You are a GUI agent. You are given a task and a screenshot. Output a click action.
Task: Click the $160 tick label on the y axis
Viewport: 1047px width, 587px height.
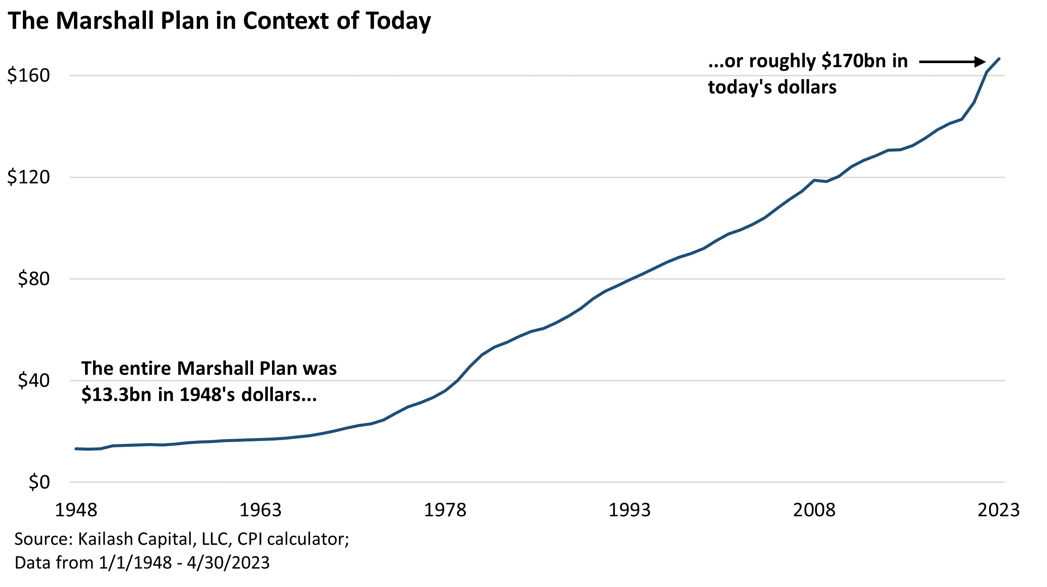28,75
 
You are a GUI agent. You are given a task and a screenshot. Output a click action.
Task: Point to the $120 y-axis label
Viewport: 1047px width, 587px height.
28,177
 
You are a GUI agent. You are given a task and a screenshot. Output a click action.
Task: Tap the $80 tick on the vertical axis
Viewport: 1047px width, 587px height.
33,279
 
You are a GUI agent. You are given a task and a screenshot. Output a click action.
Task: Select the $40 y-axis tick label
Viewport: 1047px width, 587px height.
33,380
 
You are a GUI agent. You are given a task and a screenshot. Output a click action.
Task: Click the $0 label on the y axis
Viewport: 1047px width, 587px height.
39,482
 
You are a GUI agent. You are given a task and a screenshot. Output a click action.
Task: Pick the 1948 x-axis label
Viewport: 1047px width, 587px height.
76,510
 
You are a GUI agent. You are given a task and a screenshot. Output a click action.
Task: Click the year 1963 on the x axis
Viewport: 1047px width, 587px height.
261,510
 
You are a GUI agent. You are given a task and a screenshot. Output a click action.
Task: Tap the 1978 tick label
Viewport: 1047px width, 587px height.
445,510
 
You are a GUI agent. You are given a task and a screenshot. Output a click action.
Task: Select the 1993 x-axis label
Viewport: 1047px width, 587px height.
629,510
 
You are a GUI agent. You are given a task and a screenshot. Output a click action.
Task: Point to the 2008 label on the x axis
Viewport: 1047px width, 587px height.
814,510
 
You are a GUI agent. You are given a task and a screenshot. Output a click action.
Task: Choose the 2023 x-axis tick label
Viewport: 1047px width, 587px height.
998,510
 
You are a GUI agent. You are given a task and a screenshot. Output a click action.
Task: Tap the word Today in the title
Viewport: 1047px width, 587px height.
398,21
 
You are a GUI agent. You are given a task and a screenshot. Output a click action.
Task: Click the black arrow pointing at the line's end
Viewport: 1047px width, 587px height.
952,62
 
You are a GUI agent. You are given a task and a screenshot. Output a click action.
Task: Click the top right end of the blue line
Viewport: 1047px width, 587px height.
999,58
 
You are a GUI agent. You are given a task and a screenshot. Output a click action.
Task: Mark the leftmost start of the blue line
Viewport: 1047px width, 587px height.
76,449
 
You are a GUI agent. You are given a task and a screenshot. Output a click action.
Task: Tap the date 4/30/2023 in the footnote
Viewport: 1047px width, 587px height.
228,563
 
